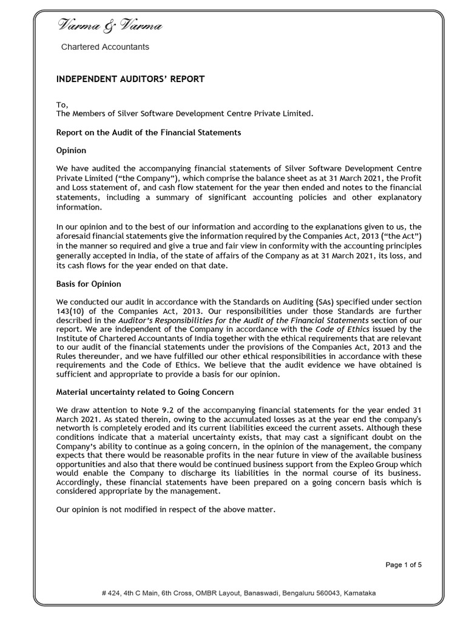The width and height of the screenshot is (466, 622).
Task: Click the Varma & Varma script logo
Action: pyautogui.click(x=110, y=26)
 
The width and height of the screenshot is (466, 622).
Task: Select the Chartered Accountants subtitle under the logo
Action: pyautogui.click(x=105, y=47)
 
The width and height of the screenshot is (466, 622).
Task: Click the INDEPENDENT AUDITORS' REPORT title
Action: pyautogui.click(x=130, y=80)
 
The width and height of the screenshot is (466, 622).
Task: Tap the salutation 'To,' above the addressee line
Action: pyautogui.click(x=62, y=104)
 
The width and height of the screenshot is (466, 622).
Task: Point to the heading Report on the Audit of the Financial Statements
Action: pyautogui.click(x=149, y=132)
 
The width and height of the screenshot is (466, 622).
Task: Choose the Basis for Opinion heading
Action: pyautogui.click(x=89, y=284)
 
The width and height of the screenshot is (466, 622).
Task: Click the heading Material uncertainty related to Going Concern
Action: pyautogui.click(x=145, y=392)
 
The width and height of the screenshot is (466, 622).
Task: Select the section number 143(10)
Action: pyautogui.click(x=73, y=311)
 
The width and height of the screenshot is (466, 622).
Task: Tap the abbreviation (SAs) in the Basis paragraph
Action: pyautogui.click(x=324, y=302)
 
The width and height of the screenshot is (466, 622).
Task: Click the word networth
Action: pyautogui.click(x=75, y=428)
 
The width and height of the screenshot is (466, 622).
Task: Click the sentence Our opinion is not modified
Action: pyautogui.click(x=165, y=510)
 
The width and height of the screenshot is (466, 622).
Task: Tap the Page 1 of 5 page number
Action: pyautogui.click(x=404, y=565)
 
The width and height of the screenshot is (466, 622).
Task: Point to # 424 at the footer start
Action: pyautogui.click(x=111, y=593)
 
